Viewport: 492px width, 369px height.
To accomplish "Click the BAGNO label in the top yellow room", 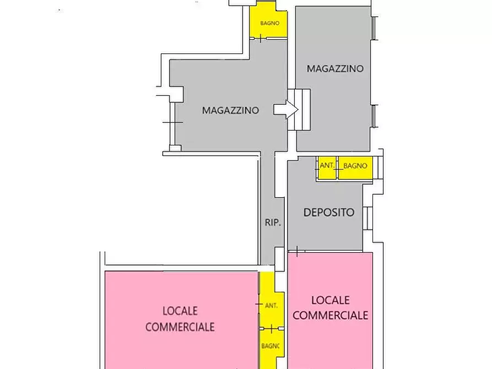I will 270,23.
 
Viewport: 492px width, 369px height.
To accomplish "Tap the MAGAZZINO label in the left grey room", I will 230,110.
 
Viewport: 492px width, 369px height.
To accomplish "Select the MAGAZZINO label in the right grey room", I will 335,69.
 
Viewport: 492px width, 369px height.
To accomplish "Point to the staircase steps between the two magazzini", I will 302,110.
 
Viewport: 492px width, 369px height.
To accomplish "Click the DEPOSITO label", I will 329,212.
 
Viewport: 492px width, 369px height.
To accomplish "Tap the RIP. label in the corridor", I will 273,223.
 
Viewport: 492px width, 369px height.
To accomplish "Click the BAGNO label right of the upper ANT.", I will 355,166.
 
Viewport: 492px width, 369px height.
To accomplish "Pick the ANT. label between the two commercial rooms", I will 271,305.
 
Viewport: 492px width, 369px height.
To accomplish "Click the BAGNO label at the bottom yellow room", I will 271,346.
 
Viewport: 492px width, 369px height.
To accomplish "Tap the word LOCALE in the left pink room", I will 180,312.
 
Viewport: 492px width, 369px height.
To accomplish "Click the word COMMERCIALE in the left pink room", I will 180,327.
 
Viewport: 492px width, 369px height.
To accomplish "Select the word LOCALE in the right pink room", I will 331,300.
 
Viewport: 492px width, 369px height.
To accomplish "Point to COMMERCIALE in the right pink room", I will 331,315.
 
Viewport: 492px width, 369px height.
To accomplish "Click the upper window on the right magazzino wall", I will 374,28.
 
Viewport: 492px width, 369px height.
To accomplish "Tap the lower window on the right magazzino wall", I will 374,116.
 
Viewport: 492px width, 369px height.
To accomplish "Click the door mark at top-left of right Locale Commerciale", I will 296,252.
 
